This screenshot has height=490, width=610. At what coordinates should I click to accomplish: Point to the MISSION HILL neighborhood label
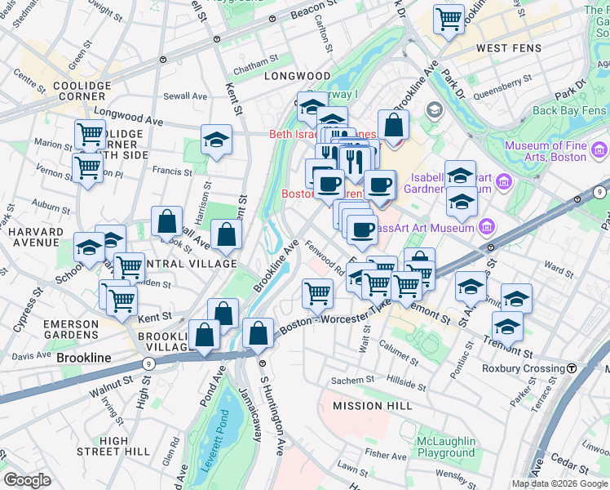(368, 406)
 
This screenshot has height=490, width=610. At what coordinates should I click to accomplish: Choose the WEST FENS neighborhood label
(504, 49)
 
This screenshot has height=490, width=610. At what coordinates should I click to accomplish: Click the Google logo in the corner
(27, 479)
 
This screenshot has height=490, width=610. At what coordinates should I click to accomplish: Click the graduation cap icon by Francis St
(216, 140)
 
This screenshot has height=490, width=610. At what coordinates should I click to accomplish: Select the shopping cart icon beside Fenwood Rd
(316, 292)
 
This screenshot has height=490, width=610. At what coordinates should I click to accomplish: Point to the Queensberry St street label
(500, 80)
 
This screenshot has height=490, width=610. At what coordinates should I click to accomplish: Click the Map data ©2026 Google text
(559, 483)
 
